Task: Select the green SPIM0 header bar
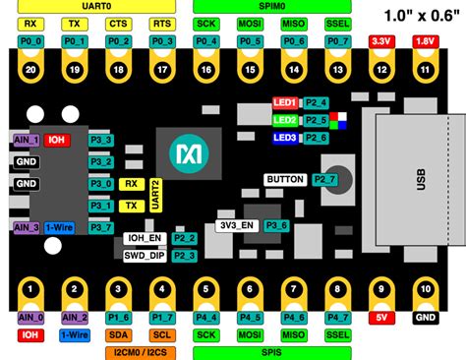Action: click(x=270, y=5)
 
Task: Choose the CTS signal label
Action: click(x=118, y=22)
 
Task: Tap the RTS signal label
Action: click(x=162, y=22)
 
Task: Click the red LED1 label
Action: click(x=285, y=102)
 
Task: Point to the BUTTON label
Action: click(x=286, y=180)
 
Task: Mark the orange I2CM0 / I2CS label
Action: click(x=140, y=351)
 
